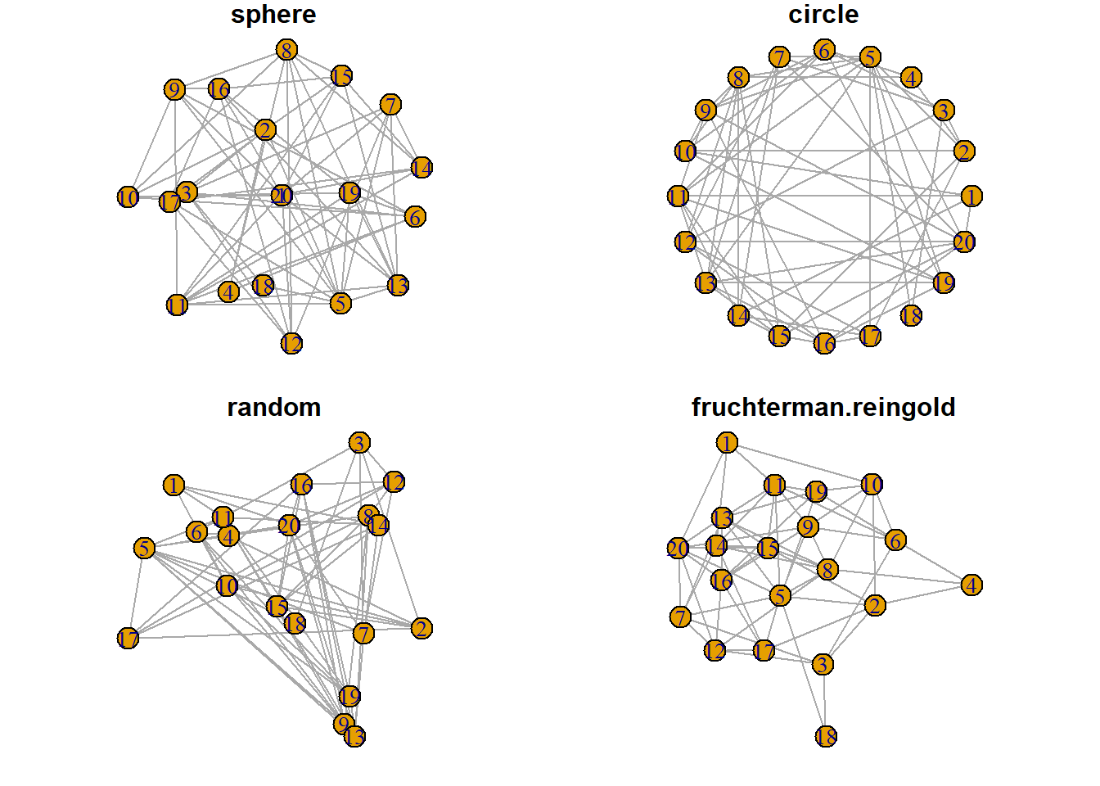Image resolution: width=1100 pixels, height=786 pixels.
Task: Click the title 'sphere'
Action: (273, 15)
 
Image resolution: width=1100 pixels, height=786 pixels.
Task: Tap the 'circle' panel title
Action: (823, 15)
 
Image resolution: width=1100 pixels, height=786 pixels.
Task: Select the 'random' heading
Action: (273, 407)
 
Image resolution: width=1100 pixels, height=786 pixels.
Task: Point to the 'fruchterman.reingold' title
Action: (823, 407)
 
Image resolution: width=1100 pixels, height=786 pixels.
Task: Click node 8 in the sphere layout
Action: (286, 50)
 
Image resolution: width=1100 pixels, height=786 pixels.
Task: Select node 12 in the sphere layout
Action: (291, 343)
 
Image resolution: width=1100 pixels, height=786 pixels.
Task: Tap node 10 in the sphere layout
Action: (128, 197)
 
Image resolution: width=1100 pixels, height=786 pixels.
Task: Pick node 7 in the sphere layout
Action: (391, 105)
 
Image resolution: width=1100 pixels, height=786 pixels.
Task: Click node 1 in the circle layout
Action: (971, 196)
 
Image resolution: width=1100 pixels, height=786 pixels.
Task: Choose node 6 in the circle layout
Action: (824, 51)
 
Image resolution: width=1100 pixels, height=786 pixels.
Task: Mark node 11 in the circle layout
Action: (678, 196)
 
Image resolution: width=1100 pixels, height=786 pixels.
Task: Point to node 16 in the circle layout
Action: (824, 343)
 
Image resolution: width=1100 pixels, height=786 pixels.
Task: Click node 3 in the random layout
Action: (359, 443)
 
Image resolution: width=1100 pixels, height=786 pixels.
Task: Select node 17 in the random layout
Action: (128, 638)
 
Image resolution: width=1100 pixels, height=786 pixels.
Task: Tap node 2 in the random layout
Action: (422, 628)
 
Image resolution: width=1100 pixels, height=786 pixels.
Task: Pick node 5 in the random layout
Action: (145, 548)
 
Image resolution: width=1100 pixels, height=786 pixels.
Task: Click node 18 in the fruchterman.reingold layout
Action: (827, 736)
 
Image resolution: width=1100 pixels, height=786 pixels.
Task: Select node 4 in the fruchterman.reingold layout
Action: (972, 585)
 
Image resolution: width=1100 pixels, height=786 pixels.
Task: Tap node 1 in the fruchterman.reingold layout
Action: (727, 443)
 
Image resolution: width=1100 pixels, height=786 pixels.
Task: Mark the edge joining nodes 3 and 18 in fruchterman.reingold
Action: (824, 700)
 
